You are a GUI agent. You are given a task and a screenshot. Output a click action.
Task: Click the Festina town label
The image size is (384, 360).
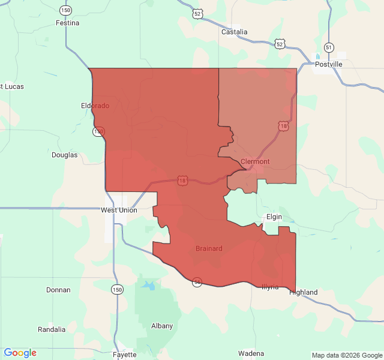(x=67, y=23)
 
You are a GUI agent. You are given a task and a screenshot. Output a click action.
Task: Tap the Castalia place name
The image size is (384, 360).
(x=234, y=32)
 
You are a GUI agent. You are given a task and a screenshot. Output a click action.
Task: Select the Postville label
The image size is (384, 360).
(x=328, y=64)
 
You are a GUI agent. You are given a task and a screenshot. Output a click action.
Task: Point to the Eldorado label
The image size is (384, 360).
(x=95, y=106)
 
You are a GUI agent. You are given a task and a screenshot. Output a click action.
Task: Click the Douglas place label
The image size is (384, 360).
(x=64, y=155)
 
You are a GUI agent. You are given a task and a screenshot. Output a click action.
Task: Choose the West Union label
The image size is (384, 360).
(x=119, y=210)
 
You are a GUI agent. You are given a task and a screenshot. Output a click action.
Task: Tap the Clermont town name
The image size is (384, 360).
(x=255, y=161)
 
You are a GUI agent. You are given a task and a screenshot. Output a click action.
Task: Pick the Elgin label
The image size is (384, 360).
(x=274, y=216)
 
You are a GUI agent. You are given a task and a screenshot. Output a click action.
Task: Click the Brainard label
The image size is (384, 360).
(x=209, y=248)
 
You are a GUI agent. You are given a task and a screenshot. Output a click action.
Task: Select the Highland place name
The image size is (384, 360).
(x=303, y=292)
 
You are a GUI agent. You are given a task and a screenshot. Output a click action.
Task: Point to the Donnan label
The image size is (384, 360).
(x=58, y=290)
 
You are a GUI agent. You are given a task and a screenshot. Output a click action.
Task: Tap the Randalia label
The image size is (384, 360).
(x=52, y=329)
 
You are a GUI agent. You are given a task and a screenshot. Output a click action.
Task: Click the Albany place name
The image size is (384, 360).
(x=162, y=326)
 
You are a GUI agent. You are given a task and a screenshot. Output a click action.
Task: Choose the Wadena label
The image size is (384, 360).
(x=251, y=353)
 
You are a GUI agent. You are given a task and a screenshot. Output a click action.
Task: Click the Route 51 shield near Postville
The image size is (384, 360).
(x=328, y=47)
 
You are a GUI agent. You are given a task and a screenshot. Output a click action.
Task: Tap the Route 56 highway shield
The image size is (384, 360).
(x=197, y=282)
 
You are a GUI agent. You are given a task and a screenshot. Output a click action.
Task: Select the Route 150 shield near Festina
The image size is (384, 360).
(x=65, y=11)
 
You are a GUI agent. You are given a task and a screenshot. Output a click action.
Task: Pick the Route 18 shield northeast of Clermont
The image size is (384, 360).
(x=283, y=125)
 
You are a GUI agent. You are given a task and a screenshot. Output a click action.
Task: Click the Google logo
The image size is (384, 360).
(x=20, y=353)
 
